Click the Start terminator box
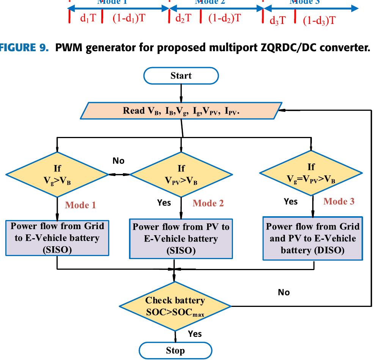click(181, 76)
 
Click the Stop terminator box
click(175, 350)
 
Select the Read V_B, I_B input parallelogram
click(181, 111)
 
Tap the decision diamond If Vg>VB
click(57, 174)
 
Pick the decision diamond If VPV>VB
click(181, 174)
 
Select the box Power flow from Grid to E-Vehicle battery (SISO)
click(57, 238)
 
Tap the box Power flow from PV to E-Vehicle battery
click(181, 239)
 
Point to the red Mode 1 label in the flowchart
click(80, 205)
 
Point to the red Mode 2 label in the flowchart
click(208, 203)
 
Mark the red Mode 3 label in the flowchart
click(339, 201)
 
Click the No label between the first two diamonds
click(118, 161)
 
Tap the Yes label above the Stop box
click(195, 334)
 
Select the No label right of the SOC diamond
click(284, 292)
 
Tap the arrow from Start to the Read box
click(181, 92)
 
